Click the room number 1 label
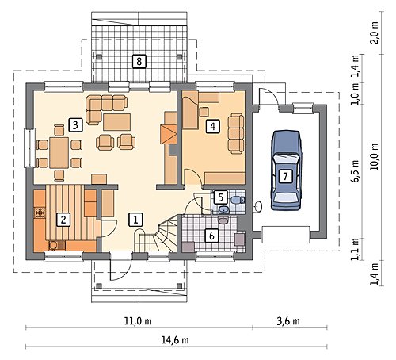click(x=135, y=220)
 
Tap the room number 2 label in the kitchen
click(x=63, y=220)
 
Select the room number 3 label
click(x=75, y=125)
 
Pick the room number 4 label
click(x=212, y=126)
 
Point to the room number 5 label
click(x=221, y=197)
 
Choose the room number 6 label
click(x=211, y=236)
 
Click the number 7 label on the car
click(x=285, y=176)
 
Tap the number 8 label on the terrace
click(x=139, y=62)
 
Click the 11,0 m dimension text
click(x=138, y=321)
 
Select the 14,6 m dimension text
click(x=175, y=340)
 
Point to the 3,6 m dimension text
click(x=288, y=321)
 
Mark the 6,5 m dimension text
click(x=356, y=171)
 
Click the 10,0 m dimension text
click(x=375, y=157)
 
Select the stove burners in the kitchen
click(x=40, y=213)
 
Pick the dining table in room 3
click(x=59, y=153)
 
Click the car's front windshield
click(x=286, y=159)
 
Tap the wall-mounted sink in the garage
click(x=257, y=206)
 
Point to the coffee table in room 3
click(x=116, y=122)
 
